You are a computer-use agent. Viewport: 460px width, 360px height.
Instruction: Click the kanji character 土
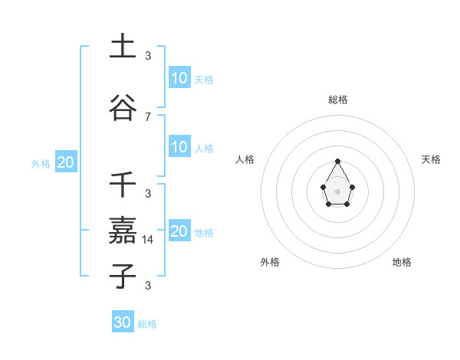123,46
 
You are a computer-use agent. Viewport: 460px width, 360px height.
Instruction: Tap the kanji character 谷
123,108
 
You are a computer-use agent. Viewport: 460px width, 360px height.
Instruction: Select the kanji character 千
123,185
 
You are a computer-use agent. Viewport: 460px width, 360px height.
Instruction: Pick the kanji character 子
123,276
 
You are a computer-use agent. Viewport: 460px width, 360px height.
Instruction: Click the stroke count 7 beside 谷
148,116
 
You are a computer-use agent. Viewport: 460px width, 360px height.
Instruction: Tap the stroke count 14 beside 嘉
149,239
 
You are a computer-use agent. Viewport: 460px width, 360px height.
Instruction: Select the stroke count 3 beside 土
148,55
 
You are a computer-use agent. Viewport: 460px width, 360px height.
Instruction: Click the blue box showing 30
123,322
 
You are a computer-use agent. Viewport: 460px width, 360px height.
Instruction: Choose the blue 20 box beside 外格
65,162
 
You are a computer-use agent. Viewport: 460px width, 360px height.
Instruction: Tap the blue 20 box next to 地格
179,231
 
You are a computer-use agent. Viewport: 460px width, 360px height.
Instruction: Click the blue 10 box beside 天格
179,78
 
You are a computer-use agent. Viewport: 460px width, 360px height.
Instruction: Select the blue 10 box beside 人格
179,147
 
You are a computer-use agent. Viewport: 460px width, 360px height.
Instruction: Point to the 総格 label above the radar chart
338,100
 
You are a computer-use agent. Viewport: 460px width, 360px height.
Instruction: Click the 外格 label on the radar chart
270,262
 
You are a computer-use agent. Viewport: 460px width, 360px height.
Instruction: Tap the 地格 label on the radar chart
402,262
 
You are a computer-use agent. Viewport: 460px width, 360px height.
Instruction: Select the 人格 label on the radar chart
245,159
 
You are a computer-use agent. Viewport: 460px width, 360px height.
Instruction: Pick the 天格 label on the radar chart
431,159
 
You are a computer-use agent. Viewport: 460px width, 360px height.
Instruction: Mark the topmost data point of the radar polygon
337,161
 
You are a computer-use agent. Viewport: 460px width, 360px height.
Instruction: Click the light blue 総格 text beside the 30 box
147,324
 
